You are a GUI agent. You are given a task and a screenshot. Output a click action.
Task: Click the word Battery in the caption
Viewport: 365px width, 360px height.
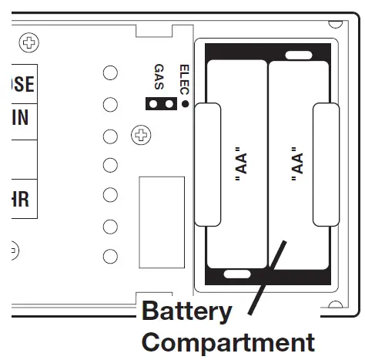186,311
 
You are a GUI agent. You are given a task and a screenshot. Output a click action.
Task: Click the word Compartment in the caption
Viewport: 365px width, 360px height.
228,341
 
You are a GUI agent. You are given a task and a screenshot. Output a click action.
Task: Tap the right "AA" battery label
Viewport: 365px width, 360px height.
297,165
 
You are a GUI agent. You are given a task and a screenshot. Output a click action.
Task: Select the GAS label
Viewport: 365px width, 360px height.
159,77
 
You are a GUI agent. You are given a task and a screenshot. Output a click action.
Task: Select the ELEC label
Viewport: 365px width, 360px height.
183,76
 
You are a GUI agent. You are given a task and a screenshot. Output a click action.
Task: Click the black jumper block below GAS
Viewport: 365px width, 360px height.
160,103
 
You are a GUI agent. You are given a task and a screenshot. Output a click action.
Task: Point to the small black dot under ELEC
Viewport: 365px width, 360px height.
185,103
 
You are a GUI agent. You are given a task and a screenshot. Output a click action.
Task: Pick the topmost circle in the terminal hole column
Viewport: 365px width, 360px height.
111,72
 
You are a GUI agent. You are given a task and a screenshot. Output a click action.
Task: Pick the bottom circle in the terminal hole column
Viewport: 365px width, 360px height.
111,257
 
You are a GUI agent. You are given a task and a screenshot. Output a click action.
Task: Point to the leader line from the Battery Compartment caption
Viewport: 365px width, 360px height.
270,278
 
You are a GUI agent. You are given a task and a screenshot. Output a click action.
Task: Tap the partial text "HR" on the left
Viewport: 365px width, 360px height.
18,199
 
